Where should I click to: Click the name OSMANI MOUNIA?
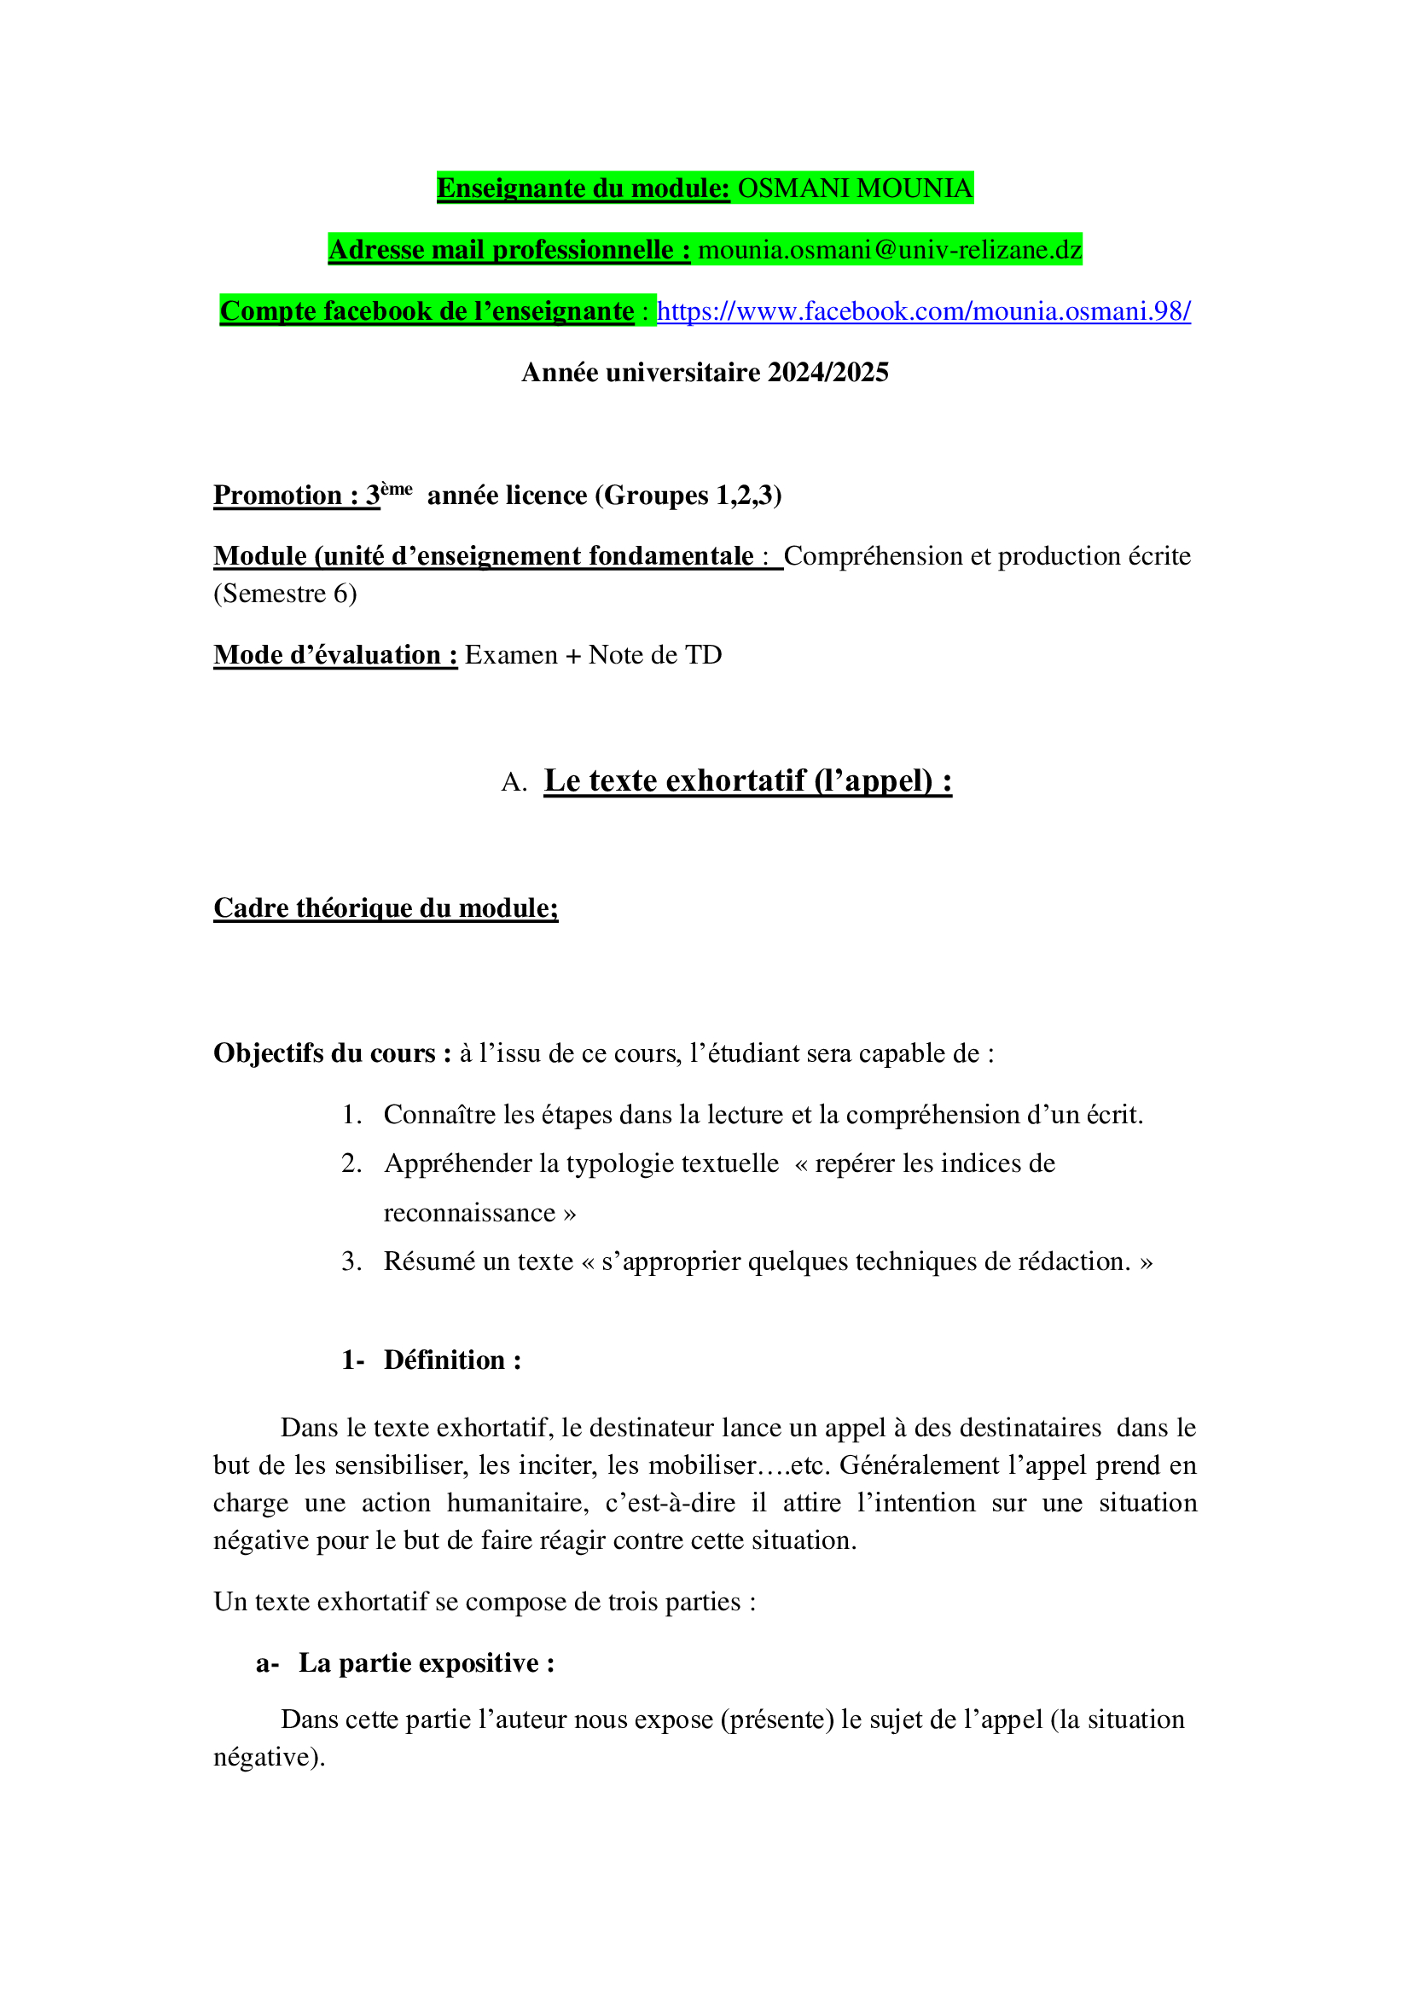tap(854, 188)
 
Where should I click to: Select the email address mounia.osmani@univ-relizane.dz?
tap(890, 250)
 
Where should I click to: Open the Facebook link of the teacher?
tap(923, 311)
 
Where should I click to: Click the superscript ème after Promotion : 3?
tap(396, 489)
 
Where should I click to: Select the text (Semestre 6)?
tap(285, 594)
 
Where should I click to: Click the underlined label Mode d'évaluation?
tap(334, 654)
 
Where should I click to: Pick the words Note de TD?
tap(655, 654)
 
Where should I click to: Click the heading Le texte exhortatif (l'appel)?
tap(747, 780)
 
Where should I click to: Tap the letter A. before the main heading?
tap(514, 783)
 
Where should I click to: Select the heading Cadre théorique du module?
tap(386, 908)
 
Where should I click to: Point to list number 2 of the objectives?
tap(351, 1163)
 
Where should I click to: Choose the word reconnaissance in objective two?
tap(469, 1212)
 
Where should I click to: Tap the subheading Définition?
tap(452, 1360)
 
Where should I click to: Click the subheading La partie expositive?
tap(426, 1662)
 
